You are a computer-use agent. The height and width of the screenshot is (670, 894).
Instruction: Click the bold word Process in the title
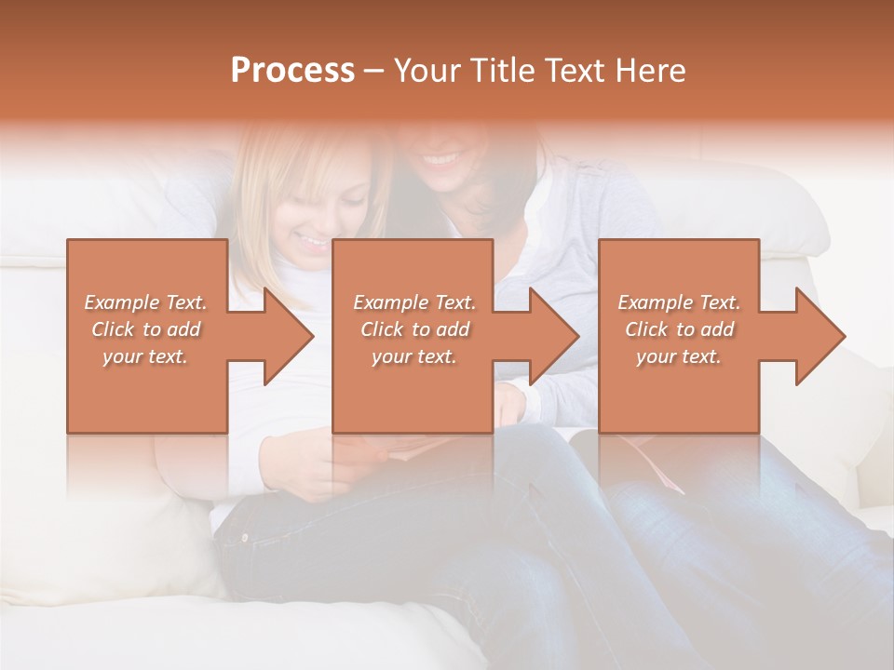(x=292, y=71)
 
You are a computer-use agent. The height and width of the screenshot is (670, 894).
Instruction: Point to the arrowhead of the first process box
(x=289, y=336)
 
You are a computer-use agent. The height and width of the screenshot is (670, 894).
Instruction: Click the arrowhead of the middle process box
(x=555, y=336)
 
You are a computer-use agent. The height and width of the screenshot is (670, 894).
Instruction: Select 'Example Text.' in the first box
(x=146, y=302)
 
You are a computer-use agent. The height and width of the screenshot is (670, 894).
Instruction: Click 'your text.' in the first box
(x=146, y=356)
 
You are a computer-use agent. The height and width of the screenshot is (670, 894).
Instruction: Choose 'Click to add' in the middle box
(x=414, y=329)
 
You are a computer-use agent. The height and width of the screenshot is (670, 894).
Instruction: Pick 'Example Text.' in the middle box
(x=414, y=302)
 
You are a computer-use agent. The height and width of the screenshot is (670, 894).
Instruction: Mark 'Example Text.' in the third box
(x=679, y=302)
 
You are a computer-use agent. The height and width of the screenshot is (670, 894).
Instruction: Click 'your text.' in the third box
(x=679, y=356)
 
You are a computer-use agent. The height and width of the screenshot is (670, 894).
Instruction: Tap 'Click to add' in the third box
(x=679, y=329)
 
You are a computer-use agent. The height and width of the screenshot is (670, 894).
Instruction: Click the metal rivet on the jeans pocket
(x=245, y=538)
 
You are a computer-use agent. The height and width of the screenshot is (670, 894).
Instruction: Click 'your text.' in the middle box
(x=414, y=356)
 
